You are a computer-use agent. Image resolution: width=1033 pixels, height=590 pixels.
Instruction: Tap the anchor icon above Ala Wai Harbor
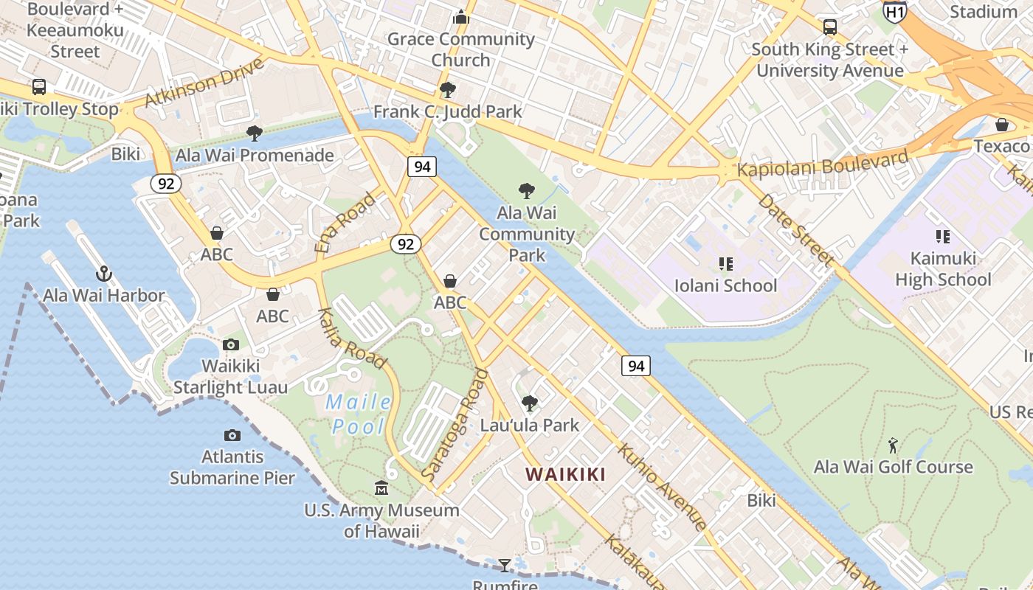point(104,274)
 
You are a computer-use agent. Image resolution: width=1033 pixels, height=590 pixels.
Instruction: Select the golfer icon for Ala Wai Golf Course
point(893,445)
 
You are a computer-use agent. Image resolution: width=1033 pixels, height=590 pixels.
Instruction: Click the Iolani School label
point(725,285)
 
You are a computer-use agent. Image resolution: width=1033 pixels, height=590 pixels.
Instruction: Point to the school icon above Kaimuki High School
point(942,237)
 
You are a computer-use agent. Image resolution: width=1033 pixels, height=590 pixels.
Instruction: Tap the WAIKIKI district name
point(565,474)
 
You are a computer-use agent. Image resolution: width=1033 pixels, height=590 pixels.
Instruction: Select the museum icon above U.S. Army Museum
point(381,488)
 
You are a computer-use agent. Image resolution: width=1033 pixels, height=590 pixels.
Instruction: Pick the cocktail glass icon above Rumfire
point(505,566)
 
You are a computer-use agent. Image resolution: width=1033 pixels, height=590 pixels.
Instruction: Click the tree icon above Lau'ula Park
point(529,403)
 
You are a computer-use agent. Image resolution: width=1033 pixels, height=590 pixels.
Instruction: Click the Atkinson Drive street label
point(204,82)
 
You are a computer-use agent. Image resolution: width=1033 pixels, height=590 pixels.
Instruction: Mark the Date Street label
point(795,229)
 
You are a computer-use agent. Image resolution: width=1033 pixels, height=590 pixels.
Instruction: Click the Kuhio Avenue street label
point(662,486)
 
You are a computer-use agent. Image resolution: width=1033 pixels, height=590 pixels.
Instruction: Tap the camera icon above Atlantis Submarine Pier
point(232,436)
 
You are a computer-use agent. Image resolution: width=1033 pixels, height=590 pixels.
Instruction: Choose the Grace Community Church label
point(460,49)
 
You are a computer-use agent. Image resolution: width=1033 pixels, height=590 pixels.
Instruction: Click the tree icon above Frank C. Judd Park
point(447,90)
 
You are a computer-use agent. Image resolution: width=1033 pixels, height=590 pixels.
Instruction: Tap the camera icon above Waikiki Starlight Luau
point(231,344)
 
